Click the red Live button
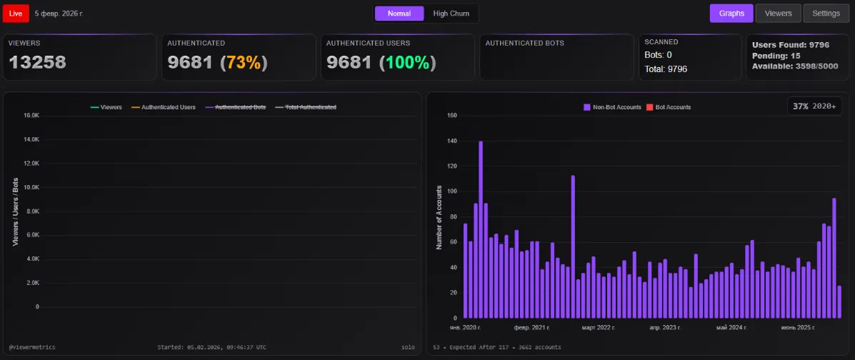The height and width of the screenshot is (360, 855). (16, 13)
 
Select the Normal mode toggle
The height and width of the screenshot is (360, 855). (399, 14)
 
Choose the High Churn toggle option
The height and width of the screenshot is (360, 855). (451, 14)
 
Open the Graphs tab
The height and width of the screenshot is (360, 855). (731, 13)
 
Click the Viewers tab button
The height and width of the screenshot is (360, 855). (778, 13)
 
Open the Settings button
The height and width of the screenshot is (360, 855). (826, 13)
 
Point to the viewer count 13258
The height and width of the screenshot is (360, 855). (37, 63)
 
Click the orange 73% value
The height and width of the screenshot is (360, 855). (244, 63)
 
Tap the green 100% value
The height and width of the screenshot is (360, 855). (408, 63)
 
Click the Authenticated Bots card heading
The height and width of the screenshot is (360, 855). (524, 44)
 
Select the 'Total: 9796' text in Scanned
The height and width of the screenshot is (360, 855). (666, 69)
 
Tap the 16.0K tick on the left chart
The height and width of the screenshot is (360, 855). (31, 115)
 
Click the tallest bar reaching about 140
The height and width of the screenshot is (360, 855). (481, 229)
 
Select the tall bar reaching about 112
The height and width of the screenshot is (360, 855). (573, 246)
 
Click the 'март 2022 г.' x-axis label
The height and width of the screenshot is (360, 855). (598, 327)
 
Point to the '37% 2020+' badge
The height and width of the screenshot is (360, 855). (815, 106)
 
